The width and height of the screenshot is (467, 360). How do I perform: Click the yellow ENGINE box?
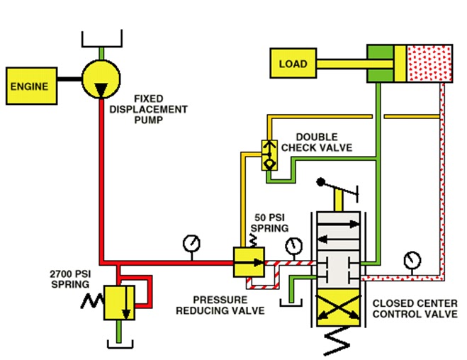click(29, 86)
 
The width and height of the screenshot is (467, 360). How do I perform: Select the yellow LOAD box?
click(293, 64)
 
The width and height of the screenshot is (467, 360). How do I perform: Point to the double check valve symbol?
click(269, 154)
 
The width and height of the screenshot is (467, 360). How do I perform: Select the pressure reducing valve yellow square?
click(248, 261)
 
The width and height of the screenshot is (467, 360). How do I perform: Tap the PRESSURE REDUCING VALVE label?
click(228, 305)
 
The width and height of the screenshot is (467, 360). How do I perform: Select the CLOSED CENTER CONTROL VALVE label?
click(415, 308)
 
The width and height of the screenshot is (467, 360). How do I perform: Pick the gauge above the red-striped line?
click(292, 246)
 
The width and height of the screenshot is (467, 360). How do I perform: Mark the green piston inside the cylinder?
click(386, 63)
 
